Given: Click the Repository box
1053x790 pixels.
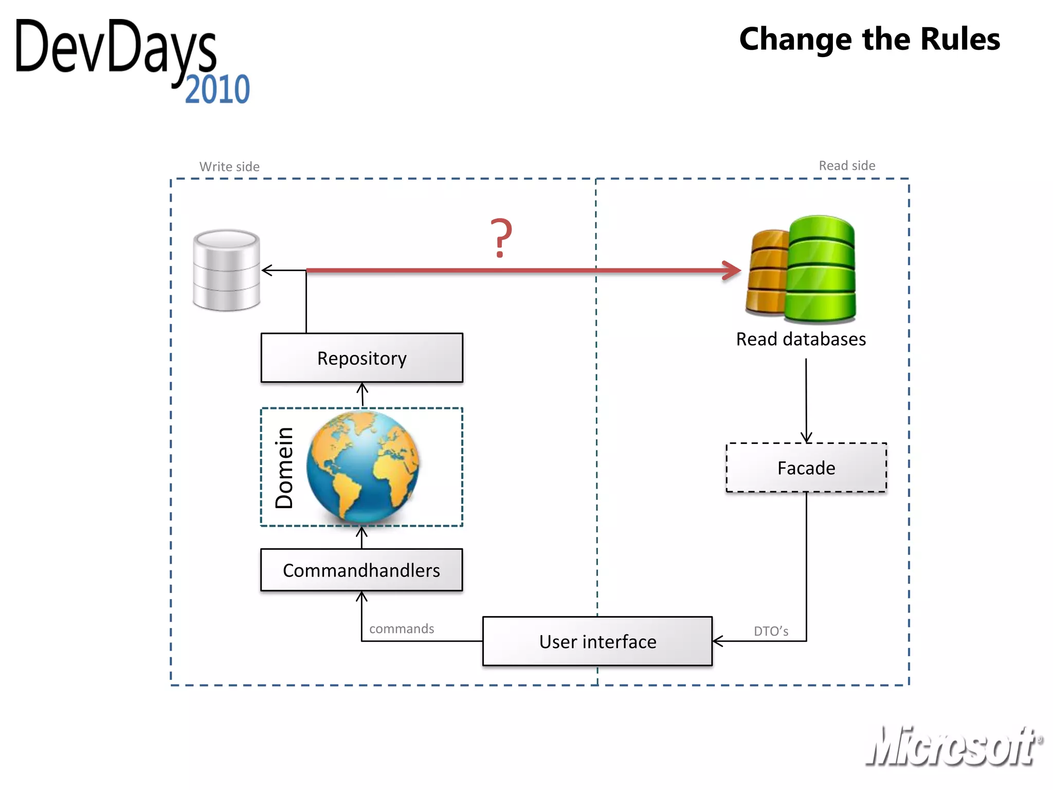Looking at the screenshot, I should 361,358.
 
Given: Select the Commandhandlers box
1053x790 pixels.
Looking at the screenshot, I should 361,570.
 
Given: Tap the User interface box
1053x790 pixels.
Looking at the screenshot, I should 597,641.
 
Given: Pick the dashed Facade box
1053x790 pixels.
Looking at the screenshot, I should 806,468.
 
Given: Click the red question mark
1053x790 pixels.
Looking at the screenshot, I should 501,238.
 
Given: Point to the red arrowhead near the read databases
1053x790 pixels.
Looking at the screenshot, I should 732,270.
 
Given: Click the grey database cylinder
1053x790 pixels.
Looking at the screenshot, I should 226,270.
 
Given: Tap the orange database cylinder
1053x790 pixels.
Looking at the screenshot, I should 766,273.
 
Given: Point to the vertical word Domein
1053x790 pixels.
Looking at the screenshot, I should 284,468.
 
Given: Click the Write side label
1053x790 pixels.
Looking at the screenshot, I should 229,167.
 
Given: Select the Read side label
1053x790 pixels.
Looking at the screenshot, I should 847,166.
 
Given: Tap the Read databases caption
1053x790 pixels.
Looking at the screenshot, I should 801,339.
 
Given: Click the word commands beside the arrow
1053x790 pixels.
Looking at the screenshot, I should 402,629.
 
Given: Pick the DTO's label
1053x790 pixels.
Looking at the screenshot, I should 771,631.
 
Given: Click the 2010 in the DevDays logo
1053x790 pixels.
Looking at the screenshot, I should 217,89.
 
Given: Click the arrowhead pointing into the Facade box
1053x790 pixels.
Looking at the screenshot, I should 806,437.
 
